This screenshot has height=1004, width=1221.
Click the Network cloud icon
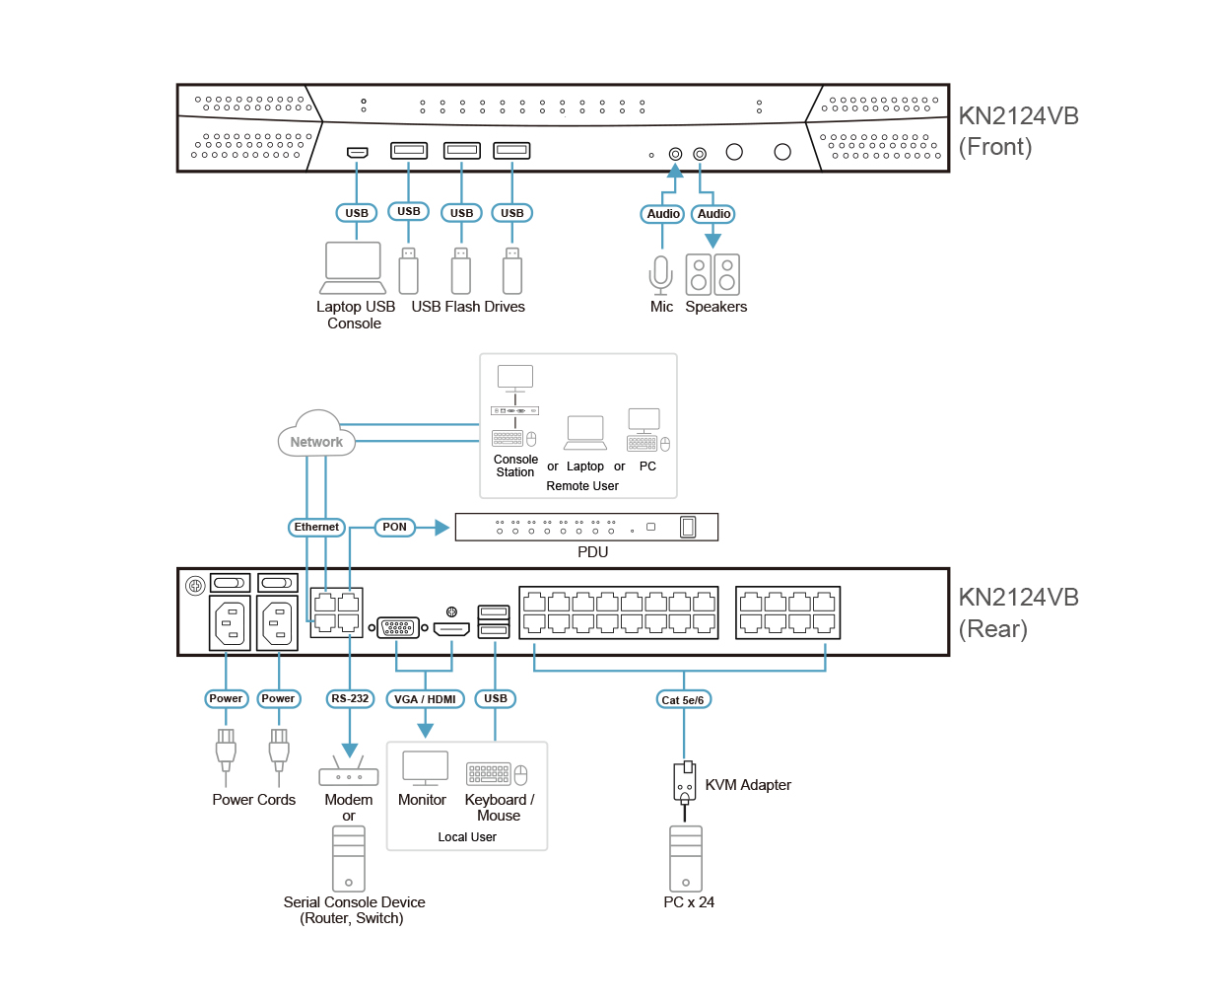pyautogui.click(x=316, y=434)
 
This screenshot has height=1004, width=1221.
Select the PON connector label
pyautogui.click(x=394, y=528)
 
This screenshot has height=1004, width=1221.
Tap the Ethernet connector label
pyautogui.click(x=316, y=528)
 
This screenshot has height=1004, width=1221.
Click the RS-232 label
pyautogui.click(x=350, y=699)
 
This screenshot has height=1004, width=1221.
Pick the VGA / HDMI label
pyautogui.click(x=425, y=700)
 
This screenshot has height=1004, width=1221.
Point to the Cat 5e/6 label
pyautogui.click(x=683, y=700)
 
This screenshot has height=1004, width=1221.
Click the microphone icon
pyautogui.click(x=661, y=275)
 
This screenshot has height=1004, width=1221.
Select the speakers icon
pyautogui.click(x=712, y=275)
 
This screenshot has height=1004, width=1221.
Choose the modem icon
pyautogui.click(x=349, y=773)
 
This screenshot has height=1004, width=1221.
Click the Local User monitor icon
pyautogui.click(x=425, y=768)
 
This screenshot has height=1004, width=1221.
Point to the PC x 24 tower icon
pyautogui.click(x=686, y=858)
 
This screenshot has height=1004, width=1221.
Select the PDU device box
pyautogui.click(x=586, y=528)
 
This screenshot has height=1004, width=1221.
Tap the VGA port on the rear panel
pyautogui.click(x=398, y=627)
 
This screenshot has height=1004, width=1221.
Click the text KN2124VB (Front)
pyautogui.click(x=1017, y=131)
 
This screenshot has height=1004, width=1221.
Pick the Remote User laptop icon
pyautogui.click(x=585, y=432)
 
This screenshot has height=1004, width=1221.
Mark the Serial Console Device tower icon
pyautogui.click(x=349, y=858)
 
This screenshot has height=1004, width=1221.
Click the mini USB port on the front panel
pyautogui.click(x=357, y=152)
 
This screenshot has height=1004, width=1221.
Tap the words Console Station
pyautogui.click(x=515, y=466)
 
